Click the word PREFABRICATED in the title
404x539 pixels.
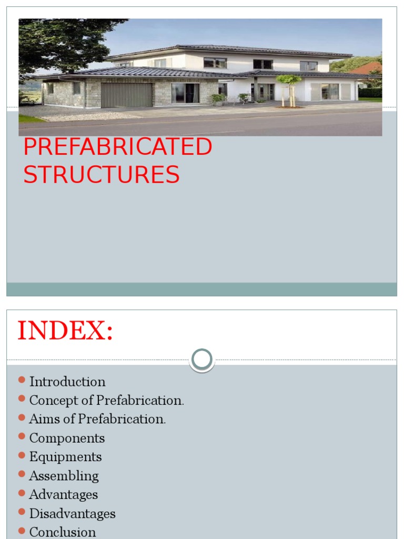117,147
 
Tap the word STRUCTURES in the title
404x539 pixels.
102,175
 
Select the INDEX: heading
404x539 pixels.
65,331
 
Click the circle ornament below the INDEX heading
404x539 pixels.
202,360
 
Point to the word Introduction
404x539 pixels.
67,382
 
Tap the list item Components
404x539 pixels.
67,438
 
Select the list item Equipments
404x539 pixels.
65,457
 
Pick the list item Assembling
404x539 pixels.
64,476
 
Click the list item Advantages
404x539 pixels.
63,495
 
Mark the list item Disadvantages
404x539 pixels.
72,514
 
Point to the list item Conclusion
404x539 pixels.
63,532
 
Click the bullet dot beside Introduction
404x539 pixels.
22,380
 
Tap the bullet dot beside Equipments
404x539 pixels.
22,455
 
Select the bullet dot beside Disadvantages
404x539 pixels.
22,512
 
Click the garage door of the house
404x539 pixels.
126,95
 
